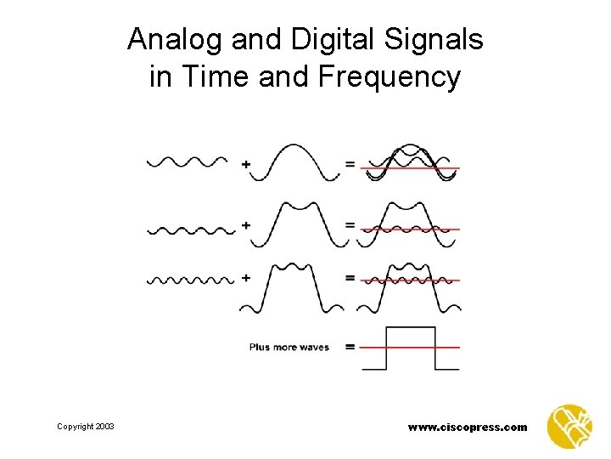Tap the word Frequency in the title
(390, 77)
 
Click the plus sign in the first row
(246, 164)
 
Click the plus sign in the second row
(246, 225)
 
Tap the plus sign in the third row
(246, 278)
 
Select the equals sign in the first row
(349, 164)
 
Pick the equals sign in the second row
(349, 225)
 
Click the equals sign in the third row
(349, 278)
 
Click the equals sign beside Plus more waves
(349, 347)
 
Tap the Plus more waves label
(289, 347)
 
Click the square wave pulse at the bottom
(411, 347)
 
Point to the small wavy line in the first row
(188, 161)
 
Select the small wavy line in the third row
(190, 279)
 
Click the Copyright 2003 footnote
(86, 427)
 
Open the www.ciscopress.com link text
(467, 427)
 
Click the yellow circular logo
(569, 426)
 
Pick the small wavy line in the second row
(190, 229)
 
